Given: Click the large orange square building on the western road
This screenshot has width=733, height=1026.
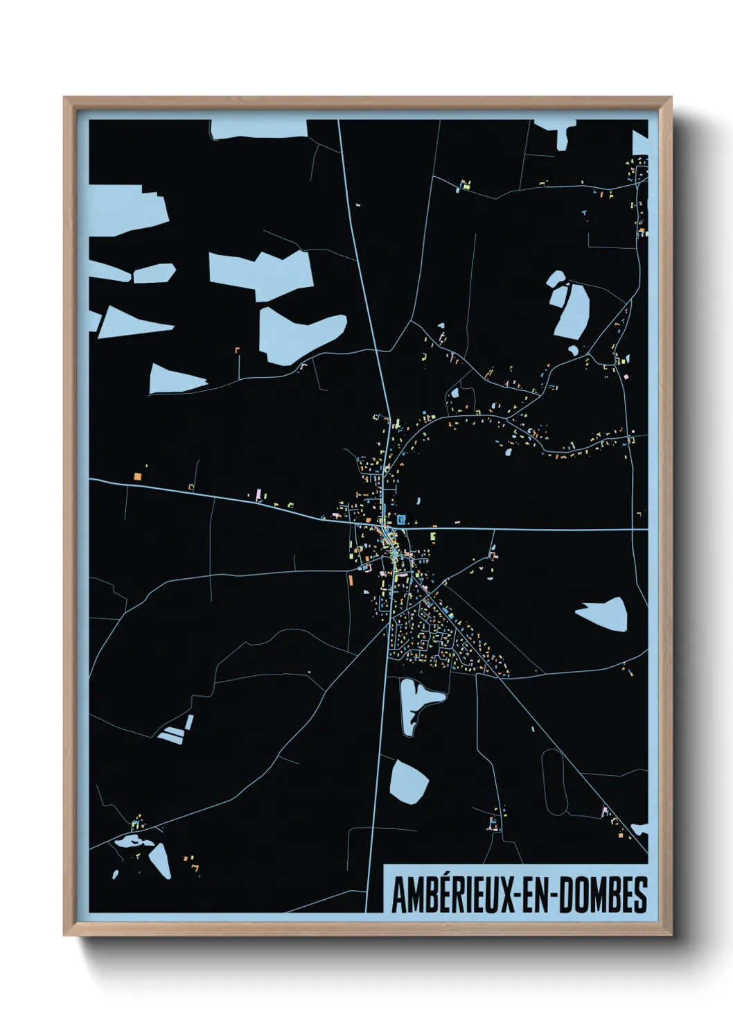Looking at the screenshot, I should [x=137, y=476].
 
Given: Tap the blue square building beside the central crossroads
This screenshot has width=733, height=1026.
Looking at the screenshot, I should [x=402, y=519].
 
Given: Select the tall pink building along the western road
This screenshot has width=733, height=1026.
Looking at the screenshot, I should [x=260, y=493].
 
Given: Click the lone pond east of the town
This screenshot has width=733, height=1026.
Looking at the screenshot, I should [x=603, y=614].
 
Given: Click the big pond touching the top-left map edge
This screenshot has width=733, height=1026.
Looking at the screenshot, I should [x=128, y=208].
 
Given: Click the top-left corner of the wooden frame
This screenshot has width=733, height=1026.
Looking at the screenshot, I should [x=64, y=98].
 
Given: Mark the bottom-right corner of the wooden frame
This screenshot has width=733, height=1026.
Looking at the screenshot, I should [x=671, y=936].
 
